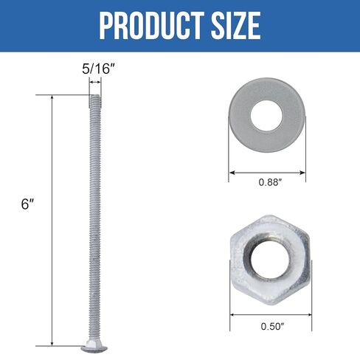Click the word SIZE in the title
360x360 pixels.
click(232, 26)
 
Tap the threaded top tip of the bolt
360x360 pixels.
click(94, 97)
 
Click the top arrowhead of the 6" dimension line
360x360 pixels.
click(52, 97)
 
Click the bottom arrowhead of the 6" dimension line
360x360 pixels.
click(52, 343)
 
